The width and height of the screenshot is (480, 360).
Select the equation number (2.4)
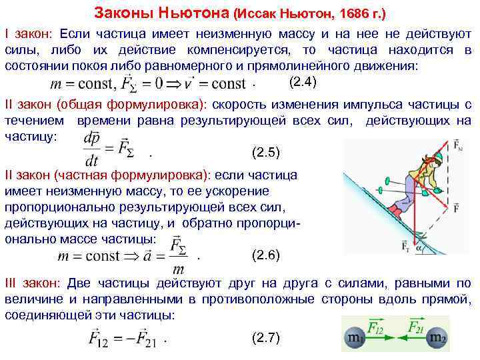click(303, 83)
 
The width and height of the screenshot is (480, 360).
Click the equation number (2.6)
click(267, 255)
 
